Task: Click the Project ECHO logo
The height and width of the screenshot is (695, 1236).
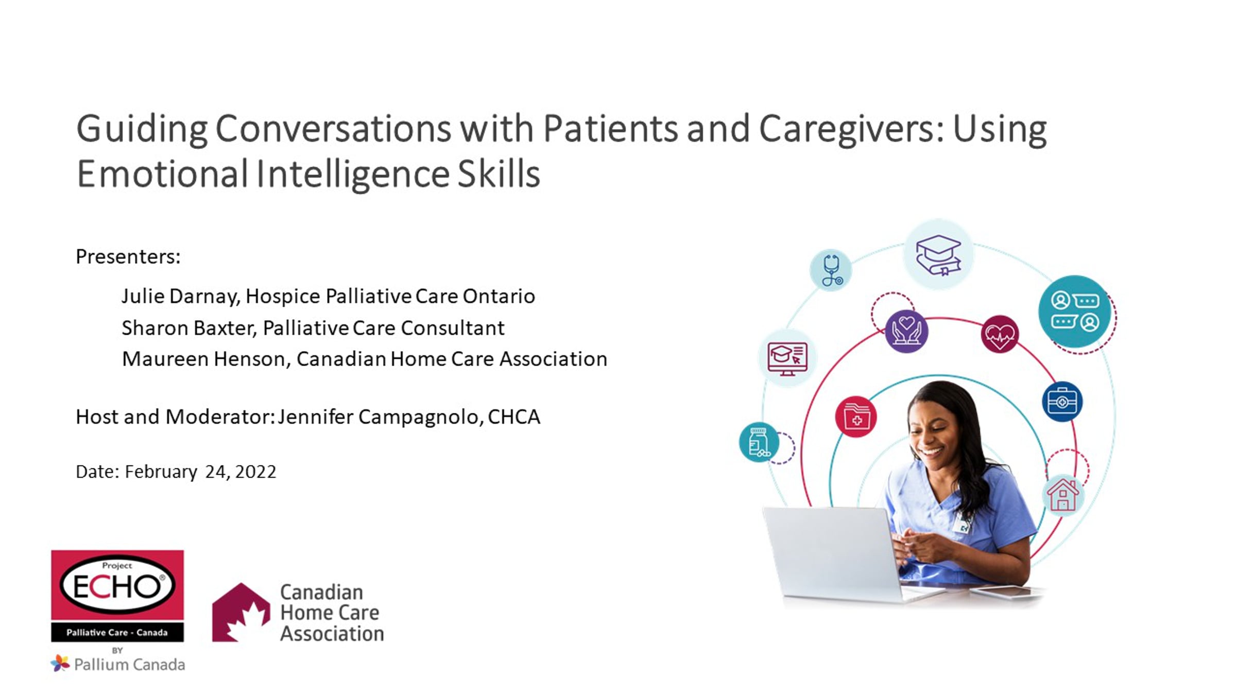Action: coord(117,596)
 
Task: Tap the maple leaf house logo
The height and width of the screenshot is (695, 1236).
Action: coord(241,612)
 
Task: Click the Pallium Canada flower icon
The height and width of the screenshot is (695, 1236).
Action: coord(60,663)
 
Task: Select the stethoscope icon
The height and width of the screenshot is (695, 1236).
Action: coord(831,270)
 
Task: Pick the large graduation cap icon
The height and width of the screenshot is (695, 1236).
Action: coord(938,255)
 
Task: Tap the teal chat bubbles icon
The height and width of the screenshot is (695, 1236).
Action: coord(1075,311)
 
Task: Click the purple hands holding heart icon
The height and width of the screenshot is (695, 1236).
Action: coord(906,331)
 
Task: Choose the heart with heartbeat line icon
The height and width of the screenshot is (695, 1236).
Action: coord(1000,334)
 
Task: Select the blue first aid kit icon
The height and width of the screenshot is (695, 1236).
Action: coord(1062,402)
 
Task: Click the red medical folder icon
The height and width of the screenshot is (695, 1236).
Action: coord(856,416)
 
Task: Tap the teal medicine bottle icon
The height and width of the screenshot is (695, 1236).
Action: coord(759,442)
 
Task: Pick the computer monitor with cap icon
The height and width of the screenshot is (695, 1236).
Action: coord(787,358)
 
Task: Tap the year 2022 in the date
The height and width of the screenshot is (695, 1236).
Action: coord(255,472)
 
